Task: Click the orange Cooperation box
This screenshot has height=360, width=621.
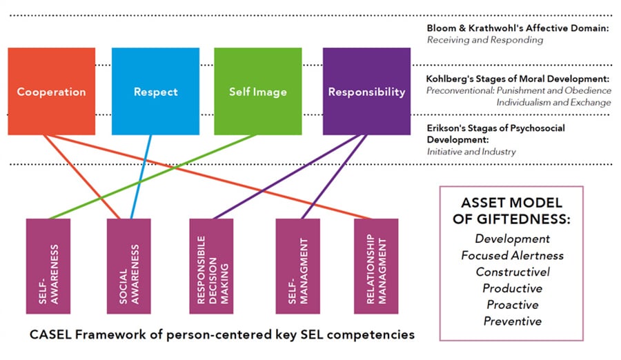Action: point(52,91)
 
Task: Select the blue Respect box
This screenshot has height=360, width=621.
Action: point(155,91)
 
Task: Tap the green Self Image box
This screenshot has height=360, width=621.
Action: point(257,91)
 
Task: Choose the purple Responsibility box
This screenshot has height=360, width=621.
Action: point(366,91)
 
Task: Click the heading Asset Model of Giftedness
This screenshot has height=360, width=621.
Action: point(511,212)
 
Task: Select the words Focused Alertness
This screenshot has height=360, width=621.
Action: point(512,255)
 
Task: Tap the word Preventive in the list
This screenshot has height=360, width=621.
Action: point(512,321)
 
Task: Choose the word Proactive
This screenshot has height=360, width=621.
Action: point(512,305)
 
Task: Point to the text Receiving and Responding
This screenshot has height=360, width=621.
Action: point(485,40)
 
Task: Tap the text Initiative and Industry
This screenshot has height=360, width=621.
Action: point(471,152)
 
